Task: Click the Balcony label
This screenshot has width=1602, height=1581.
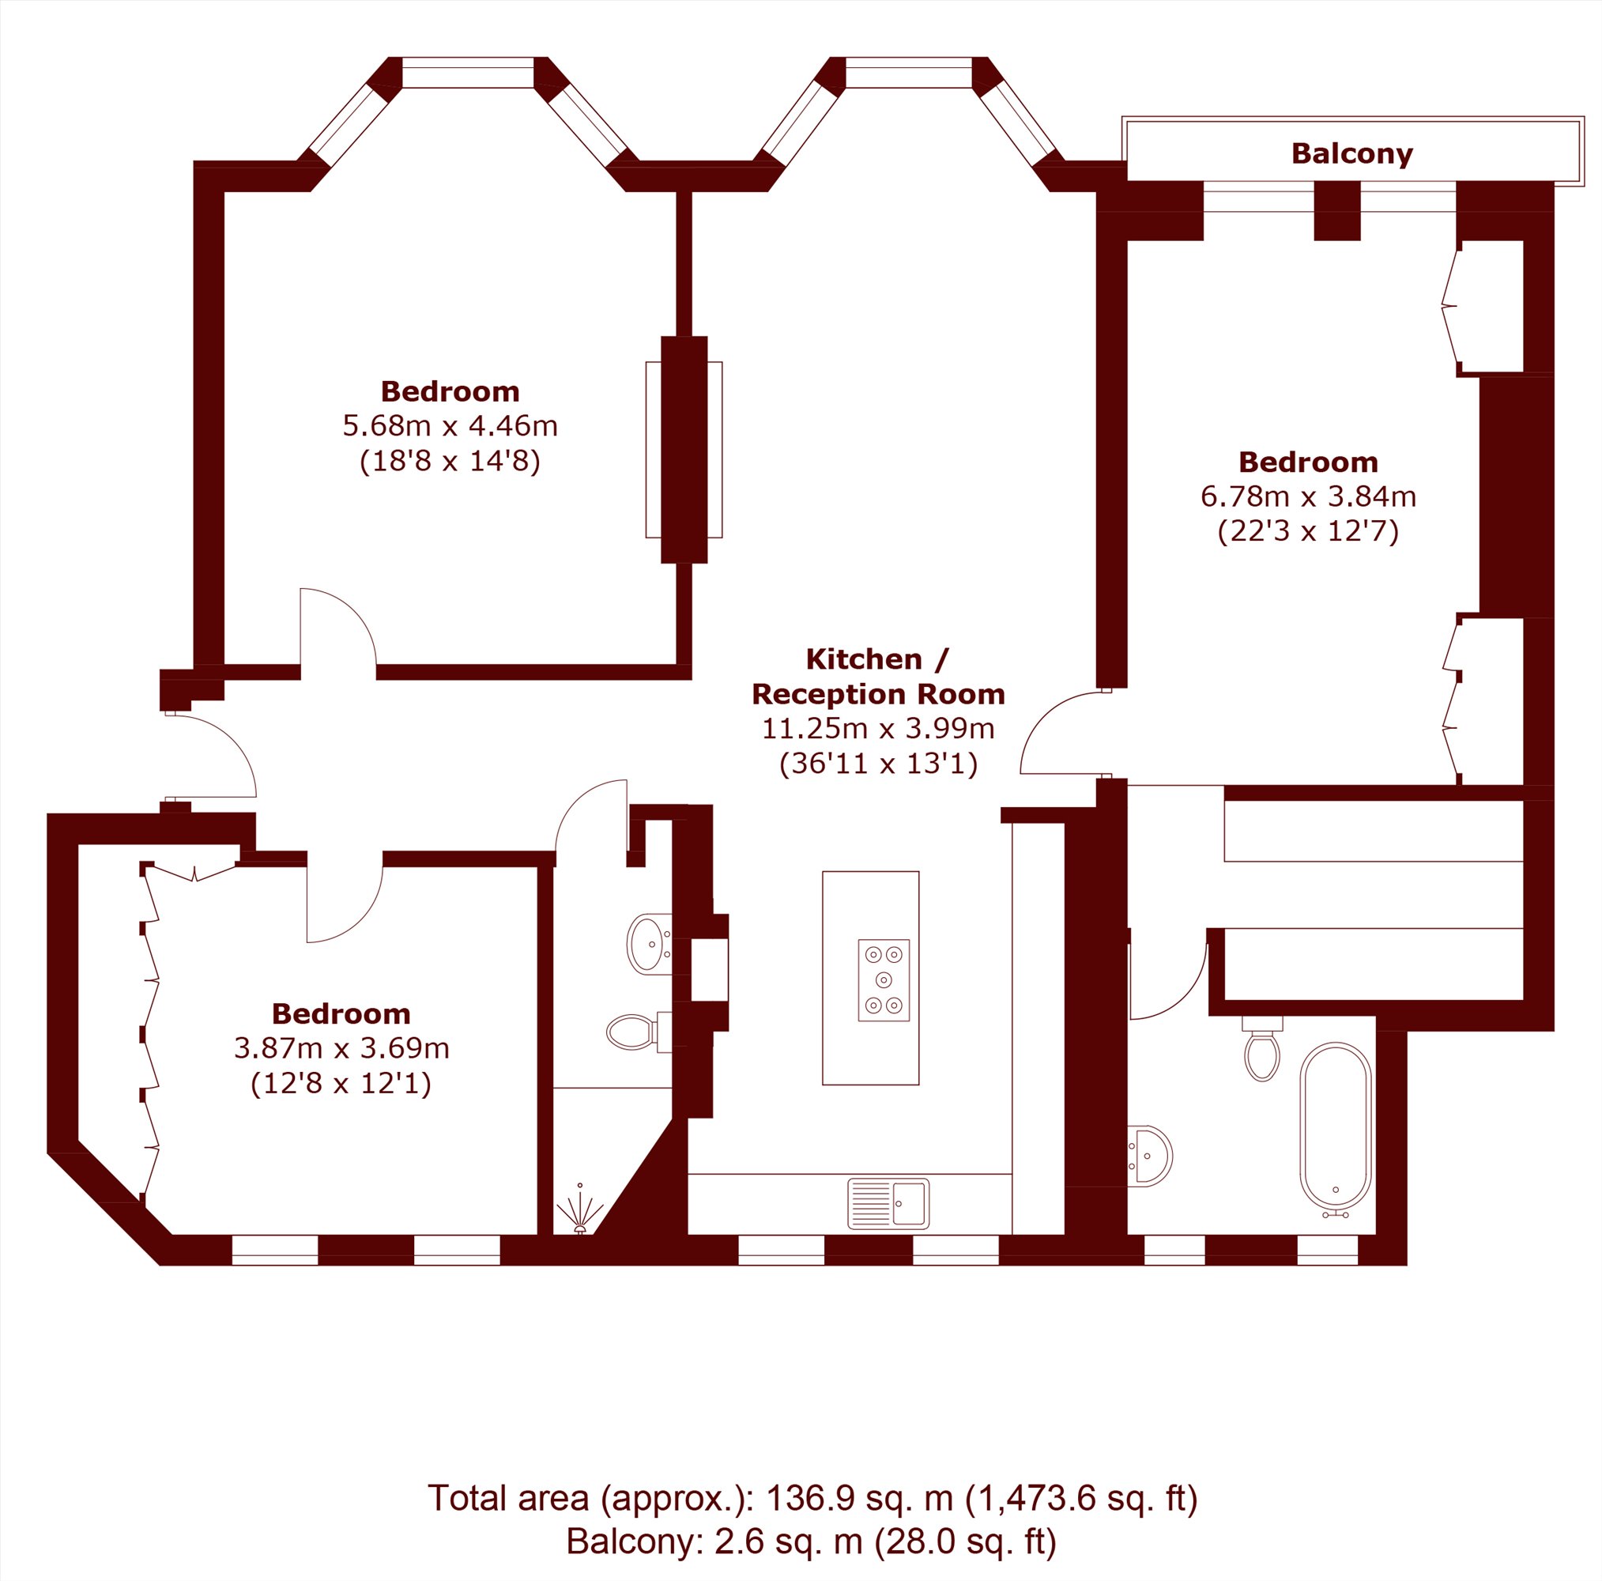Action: (x=1351, y=153)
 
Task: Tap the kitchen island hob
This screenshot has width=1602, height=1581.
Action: (x=884, y=979)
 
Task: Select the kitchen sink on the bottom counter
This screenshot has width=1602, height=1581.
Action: (x=888, y=1204)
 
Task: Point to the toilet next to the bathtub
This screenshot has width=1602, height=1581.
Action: (x=1262, y=1048)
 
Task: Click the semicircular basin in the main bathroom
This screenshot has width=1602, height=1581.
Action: (x=1149, y=1157)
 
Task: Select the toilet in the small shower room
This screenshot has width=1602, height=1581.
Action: (x=639, y=1032)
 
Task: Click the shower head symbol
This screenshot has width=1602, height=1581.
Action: (x=579, y=1213)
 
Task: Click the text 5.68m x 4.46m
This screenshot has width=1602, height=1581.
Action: (x=450, y=426)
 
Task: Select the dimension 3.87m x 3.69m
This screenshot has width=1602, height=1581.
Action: (x=341, y=1048)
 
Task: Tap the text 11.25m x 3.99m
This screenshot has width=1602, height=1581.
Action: (x=878, y=728)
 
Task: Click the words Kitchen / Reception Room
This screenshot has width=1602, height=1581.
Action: (x=878, y=676)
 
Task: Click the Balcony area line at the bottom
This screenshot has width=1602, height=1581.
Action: (x=811, y=1542)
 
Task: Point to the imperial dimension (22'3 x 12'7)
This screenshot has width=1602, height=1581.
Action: (x=1309, y=531)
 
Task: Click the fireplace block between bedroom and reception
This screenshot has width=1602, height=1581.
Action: (x=684, y=450)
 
